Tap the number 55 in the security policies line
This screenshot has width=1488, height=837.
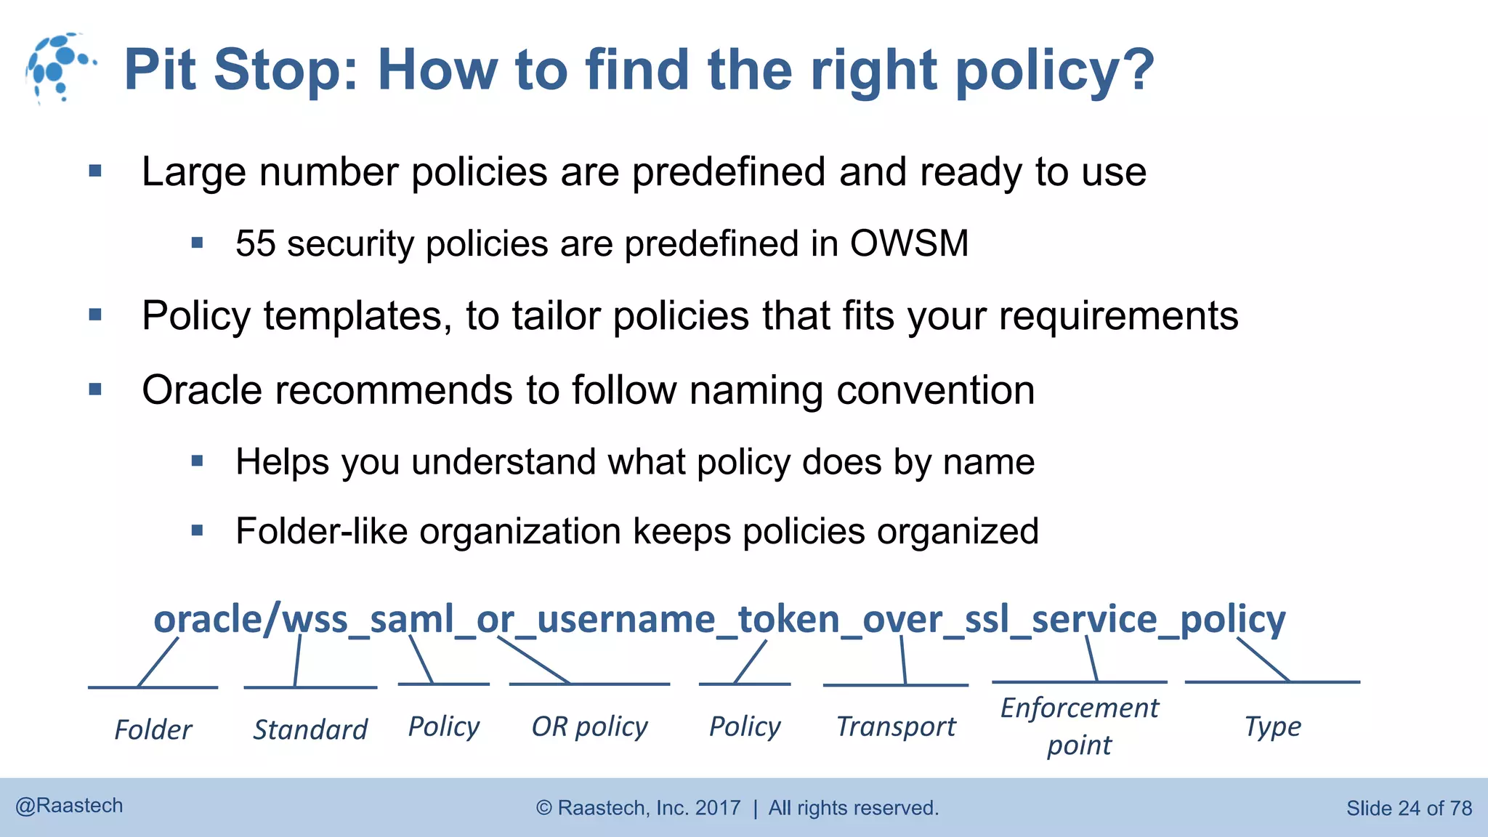click(255, 243)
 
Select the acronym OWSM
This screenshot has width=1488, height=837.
click(909, 243)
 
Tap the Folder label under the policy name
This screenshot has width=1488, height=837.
click(153, 729)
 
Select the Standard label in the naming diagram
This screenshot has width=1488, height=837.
click(310, 729)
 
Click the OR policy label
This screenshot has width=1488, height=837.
click(589, 727)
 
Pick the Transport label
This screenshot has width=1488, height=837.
click(896, 727)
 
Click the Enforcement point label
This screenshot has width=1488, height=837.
click(1080, 726)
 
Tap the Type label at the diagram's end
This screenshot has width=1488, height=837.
click(1272, 727)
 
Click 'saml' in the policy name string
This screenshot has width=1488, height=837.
click(411, 620)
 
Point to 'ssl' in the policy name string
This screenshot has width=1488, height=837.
click(987, 620)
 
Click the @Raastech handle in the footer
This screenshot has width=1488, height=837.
click(69, 806)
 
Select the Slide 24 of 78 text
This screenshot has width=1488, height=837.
click(1409, 808)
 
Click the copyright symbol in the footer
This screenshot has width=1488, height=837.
click(544, 808)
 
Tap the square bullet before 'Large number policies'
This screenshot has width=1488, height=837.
click(95, 172)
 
